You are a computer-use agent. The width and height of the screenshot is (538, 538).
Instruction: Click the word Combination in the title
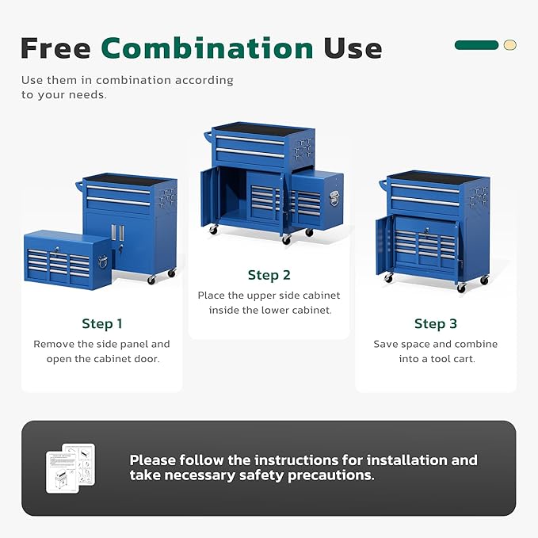pyautogui.click(x=208, y=48)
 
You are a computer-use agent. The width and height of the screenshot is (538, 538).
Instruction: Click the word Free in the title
pyautogui.click(x=56, y=48)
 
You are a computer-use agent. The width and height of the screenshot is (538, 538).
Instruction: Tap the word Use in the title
pyautogui.click(x=353, y=48)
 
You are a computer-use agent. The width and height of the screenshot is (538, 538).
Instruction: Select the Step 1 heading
pyautogui.click(x=102, y=323)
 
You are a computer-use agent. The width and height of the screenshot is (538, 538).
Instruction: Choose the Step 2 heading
pyautogui.click(x=269, y=275)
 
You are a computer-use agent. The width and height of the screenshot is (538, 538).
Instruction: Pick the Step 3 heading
pyautogui.click(x=435, y=323)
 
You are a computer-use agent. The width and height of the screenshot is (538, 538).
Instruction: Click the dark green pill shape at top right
pyautogui.click(x=476, y=45)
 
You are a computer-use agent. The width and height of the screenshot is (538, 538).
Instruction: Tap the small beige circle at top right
pyautogui.click(x=509, y=45)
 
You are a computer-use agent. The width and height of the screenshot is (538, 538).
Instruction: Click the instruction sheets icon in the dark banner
pyautogui.click(x=71, y=467)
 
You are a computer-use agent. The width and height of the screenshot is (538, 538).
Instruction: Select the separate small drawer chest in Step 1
pyautogui.click(x=67, y=259)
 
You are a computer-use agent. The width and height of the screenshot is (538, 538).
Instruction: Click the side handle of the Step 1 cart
pyautogui.click(x=79, y=187)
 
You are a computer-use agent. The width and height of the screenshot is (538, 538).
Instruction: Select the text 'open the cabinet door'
pyautogui.click(x=102, y=359)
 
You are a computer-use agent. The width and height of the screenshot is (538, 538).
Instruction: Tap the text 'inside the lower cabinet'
pyautogui.click(x=269, y=310)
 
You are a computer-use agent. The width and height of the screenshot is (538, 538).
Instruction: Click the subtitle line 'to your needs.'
pyautogui.click(x=64, y=94)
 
